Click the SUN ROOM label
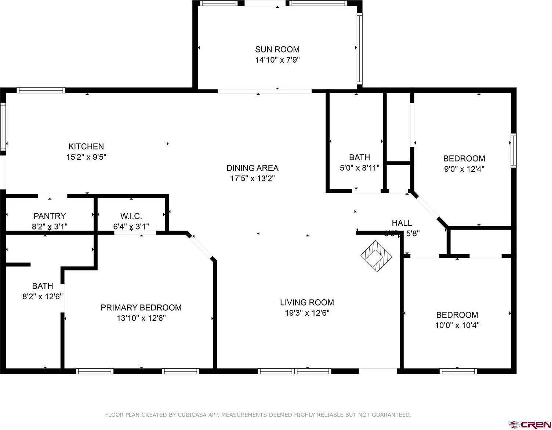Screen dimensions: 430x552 click(277, 49)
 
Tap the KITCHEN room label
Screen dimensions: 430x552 click(86, 147)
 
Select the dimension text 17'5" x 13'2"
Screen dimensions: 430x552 click(252, 178)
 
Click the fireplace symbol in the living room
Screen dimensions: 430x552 click(377, 256)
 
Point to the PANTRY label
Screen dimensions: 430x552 click(50, 216)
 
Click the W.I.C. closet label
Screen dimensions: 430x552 click(131, 216)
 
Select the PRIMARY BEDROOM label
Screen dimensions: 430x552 click(141, 307)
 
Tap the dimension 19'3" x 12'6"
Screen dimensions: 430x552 click(307, 313)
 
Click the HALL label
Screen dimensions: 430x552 click(402, 223)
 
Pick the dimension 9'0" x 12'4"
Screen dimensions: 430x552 click(464, 169)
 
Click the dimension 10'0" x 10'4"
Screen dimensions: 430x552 click(457, 325)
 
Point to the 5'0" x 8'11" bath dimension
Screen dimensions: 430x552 click(359, 168)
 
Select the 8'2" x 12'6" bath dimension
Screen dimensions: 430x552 click(43, 296)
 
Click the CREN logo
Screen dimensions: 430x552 click(530, 425)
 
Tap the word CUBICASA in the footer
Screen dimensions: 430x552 click(184, 415)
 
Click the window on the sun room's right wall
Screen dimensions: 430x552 click(360, 48)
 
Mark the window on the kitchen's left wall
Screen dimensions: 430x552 click(3, 126)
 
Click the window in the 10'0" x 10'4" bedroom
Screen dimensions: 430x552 click(458, 371)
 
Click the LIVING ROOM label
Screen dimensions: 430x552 click(307, 302)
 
